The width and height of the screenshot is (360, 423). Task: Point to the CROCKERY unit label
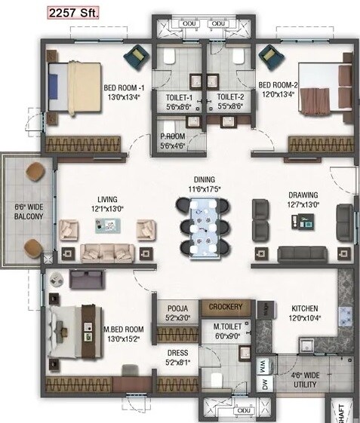[x=226, y=307]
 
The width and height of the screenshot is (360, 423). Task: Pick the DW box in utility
[x=263, y=385]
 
